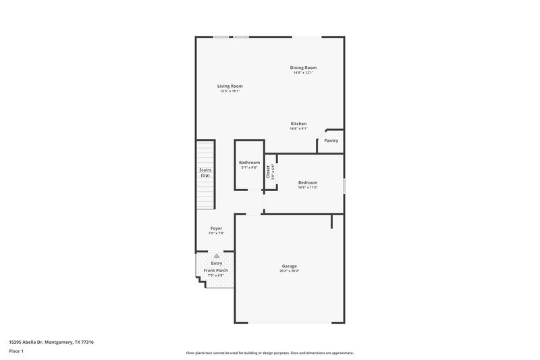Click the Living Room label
(230, 86)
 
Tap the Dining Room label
(303, 68)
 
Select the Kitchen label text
(298, 124)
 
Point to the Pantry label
(331, 140)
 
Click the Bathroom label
(249, 163)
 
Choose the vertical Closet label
(268, 172)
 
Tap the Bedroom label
(308, 182)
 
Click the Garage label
(289, 266)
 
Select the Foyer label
(216, 228)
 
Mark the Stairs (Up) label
(205, 172)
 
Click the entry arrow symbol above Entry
(216, 256)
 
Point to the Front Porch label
(216, 270)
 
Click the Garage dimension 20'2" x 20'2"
(289, 272)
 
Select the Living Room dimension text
(230, 91)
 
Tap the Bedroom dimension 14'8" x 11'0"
(308, 188)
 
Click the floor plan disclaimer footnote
(270, 353)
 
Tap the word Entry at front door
(216, 263)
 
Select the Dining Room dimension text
(303, 73)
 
